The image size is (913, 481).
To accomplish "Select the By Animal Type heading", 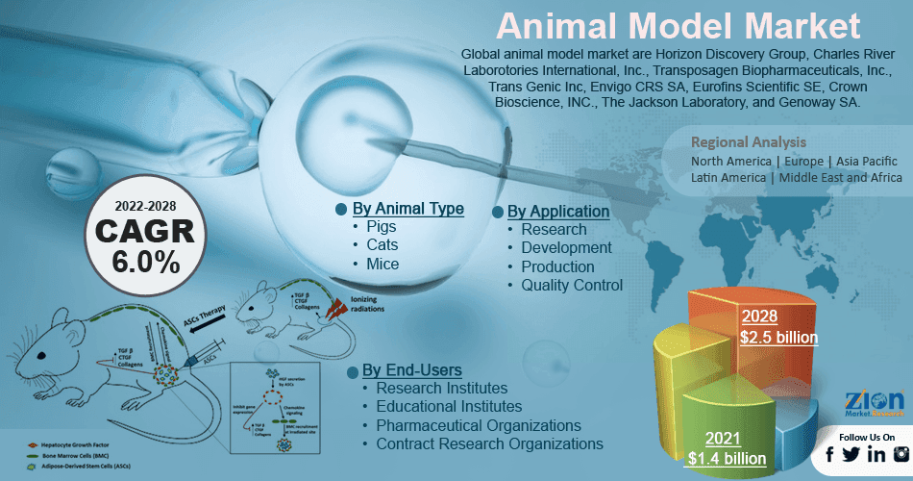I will (x=407, y=209).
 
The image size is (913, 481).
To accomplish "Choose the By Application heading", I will (x=557, y=211).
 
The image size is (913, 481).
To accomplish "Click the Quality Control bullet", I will (x=572, y=285).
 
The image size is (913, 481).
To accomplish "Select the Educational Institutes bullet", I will (x=449, y=406).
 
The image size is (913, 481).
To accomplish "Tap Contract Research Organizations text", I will (x=489, y=443).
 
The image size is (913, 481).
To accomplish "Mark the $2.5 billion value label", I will (x=778, y=337).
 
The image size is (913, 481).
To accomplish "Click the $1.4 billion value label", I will (x=727, y=458).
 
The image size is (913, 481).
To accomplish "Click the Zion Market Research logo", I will (x=873, y=404).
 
